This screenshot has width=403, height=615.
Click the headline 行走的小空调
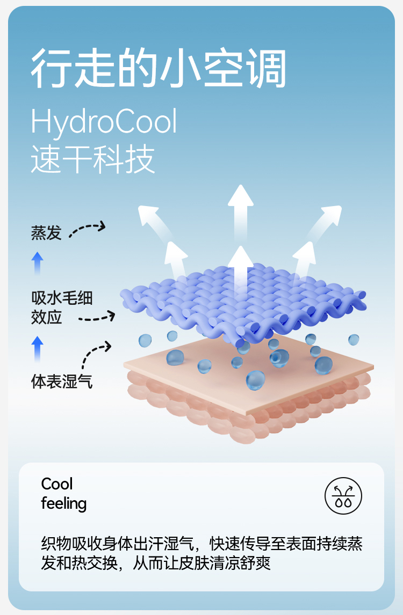159,69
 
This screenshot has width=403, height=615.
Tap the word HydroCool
104,122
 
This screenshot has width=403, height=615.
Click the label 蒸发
46,233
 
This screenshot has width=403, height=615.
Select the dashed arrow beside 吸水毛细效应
97,318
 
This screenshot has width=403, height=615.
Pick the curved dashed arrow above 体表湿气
95,354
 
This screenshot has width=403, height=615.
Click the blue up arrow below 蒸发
37,263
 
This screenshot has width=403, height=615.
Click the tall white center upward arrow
240,225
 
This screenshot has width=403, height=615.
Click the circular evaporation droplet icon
343,494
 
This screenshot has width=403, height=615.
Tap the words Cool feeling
63,494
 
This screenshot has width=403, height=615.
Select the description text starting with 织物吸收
201,553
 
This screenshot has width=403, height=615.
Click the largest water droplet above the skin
256,380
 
